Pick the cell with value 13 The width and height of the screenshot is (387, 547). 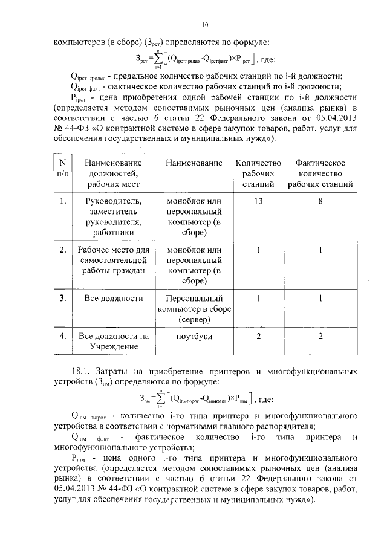[258, 201]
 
